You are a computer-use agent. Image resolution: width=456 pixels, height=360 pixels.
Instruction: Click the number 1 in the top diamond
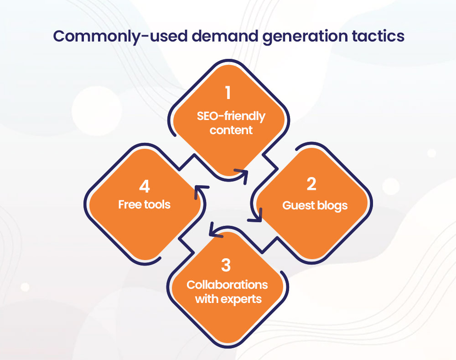coord(228,93)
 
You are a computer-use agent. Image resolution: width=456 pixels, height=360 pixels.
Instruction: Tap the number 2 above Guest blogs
coord(311,184)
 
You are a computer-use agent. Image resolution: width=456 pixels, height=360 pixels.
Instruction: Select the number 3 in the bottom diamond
coord(226,265)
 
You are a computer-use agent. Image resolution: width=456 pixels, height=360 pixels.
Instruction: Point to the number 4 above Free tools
coord(145,186)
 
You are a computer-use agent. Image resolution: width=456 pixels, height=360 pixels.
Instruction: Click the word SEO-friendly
coord(231,116)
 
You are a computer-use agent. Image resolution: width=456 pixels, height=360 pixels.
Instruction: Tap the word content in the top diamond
coord(231,130)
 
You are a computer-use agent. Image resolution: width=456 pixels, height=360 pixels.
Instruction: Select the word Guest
coord(299,205)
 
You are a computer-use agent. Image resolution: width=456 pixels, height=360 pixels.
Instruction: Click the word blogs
coord(332,206)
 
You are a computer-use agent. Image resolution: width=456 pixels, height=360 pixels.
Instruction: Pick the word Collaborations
coord(227,285)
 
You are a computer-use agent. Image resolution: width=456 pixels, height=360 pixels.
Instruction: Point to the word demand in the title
coord(225,36)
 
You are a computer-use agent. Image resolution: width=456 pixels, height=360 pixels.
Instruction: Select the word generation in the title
coord(305,37)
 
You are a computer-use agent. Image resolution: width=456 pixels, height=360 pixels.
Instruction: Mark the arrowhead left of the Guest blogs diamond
coord(256,215)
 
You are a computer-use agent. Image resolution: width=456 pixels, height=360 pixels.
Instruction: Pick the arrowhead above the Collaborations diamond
coord(216,230)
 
